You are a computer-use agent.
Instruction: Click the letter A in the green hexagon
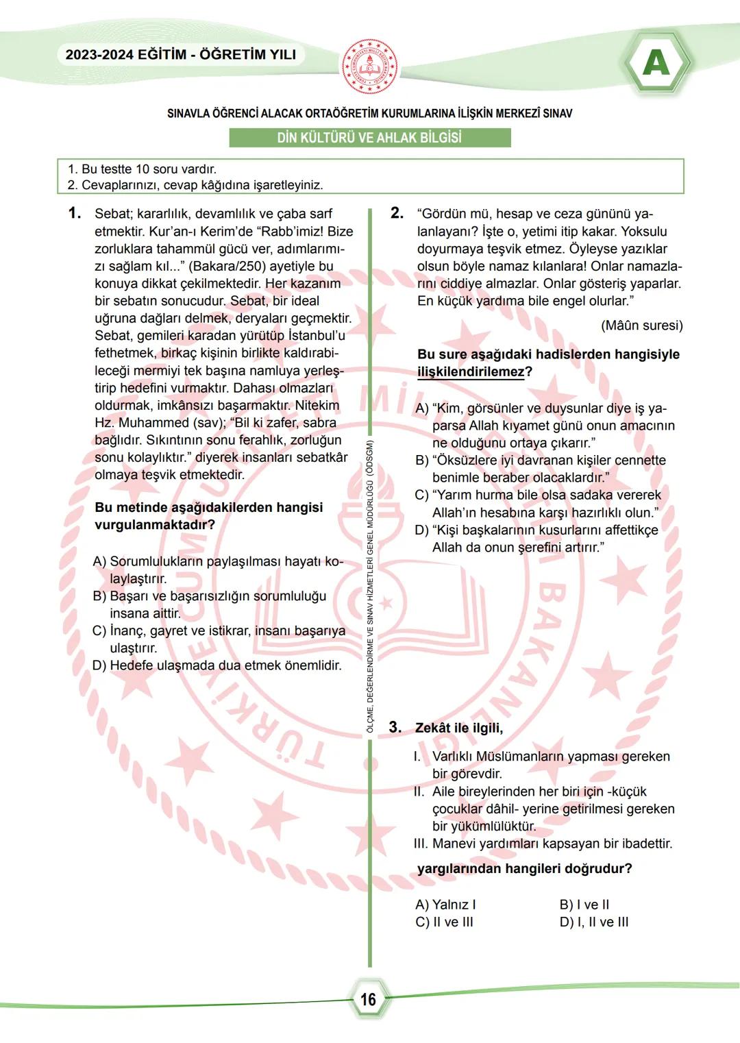pos(656,63)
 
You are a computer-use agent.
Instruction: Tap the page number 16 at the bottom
pos(369,999)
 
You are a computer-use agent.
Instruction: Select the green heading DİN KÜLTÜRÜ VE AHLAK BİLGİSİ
pos(369,137)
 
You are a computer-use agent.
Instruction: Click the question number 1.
pos(75,213)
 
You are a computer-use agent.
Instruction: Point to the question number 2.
pos(397,213)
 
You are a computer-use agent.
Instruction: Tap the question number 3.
pos(395,727)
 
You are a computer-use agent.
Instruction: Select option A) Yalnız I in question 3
pos(445,905)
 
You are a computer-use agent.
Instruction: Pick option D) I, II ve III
pos(593,922)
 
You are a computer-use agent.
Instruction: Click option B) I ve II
pos(584,905)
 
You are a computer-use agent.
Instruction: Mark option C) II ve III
pos(444,922)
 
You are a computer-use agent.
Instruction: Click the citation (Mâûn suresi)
pos(641,325)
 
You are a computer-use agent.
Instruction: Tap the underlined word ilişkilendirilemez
pos(471,371)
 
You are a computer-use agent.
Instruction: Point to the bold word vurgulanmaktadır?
pos(155,525)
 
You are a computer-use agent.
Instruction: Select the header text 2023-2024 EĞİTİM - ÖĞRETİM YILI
pos(181,55)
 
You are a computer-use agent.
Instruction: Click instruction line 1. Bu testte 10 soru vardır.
pos(142,169)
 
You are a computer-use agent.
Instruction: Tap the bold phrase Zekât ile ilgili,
pos(459,728)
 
